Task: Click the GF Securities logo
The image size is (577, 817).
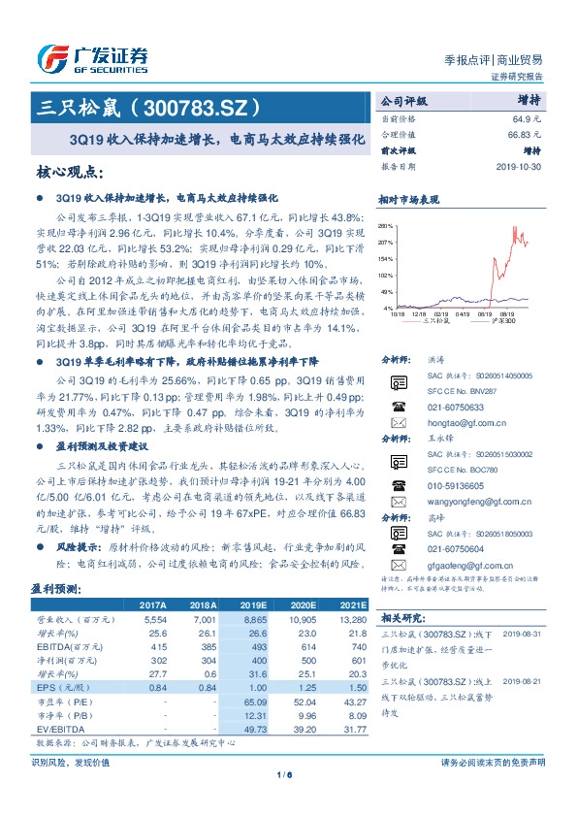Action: click(x=92, y=56)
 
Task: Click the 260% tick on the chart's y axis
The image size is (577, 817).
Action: click(x=385, y=225)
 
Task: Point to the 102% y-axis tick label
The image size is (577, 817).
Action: click(x=385, y=276)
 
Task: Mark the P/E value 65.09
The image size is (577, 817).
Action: click(x=251, y=700)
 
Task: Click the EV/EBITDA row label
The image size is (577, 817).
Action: click(x=56, y=727)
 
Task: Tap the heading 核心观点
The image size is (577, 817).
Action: click(x=70, y=173)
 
